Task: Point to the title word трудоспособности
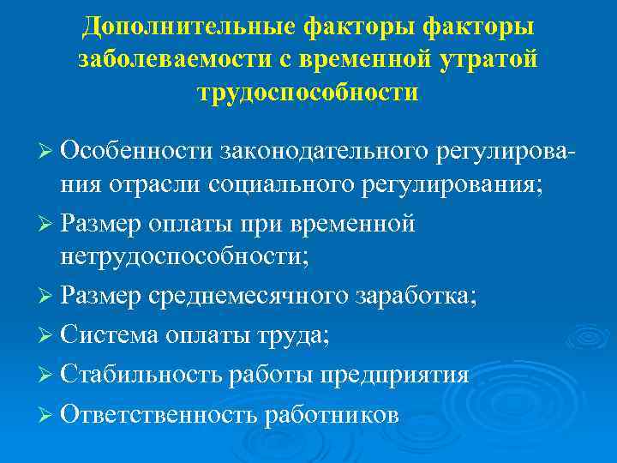coord(308,92)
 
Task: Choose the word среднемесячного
coord(249,297)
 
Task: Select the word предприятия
coord(393,376)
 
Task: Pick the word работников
coord(332,415)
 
